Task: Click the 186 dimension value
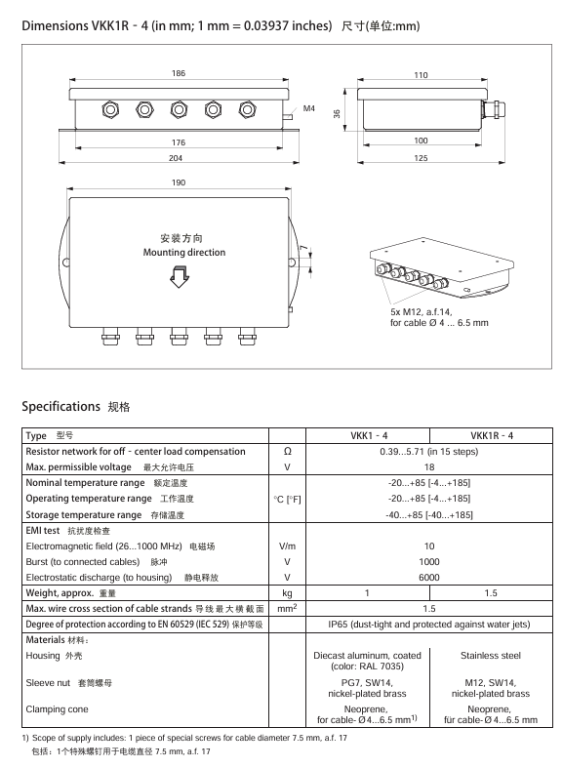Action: tap(179, 73)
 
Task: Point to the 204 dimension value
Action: tap(176, 158)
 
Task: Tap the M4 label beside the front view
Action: tap(309, 108)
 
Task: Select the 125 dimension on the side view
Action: tap(421, 158)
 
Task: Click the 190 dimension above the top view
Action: tap(179, 182)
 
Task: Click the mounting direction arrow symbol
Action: tap(180, 277)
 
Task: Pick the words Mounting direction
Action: tap(184, 252)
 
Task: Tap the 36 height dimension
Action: tap(337, 113)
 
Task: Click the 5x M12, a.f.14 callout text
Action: tap(421, 312)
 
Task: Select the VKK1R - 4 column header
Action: tap(492, 435)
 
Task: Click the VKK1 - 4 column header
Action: tap(369, 435)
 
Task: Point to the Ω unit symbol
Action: tap(288, 451)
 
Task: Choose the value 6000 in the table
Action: tap(429, 578)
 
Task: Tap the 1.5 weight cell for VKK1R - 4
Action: tap(491, 593)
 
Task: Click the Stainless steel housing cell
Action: tap(491, 656)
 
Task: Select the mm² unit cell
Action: tap(288, 608)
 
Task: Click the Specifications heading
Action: tap(60, 407)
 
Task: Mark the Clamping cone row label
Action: tap(57, 709)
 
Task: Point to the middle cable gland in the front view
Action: tap(179, 109)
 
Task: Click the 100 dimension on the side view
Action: tap(421, 141)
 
